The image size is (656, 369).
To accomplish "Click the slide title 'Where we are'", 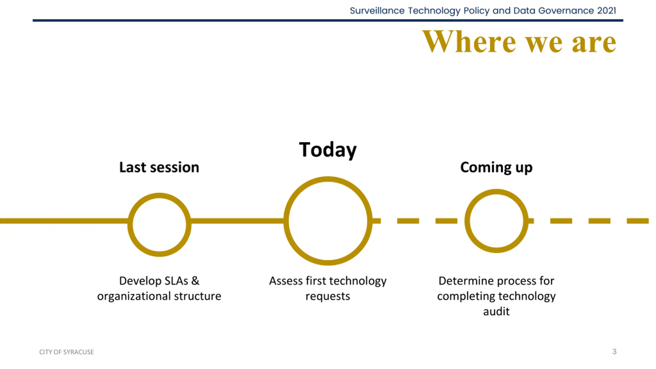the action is (519, 42).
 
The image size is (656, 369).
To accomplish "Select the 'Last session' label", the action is (159, 167).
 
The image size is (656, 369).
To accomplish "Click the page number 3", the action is (614, 351).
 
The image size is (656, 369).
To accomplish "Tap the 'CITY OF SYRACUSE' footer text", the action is (66, 352).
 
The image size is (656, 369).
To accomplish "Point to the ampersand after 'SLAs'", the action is (195, 281).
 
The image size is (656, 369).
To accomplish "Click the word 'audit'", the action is (496, 312).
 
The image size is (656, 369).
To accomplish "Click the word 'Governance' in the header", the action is (566, 11).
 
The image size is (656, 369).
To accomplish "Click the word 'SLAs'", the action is (176, 281).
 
